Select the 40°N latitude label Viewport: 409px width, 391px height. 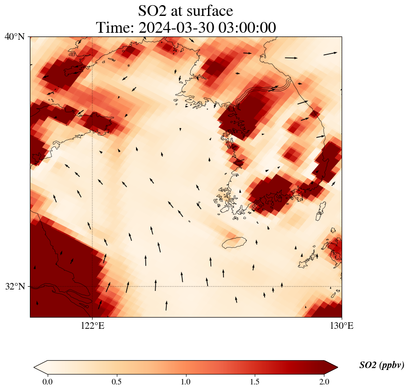click(14, 36)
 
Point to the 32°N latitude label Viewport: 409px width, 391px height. click(14, 286)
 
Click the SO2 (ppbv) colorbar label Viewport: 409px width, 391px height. click(381, 365)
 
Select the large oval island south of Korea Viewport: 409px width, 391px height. click(234, 242)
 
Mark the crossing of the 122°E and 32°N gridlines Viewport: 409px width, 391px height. click(93, 286)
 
